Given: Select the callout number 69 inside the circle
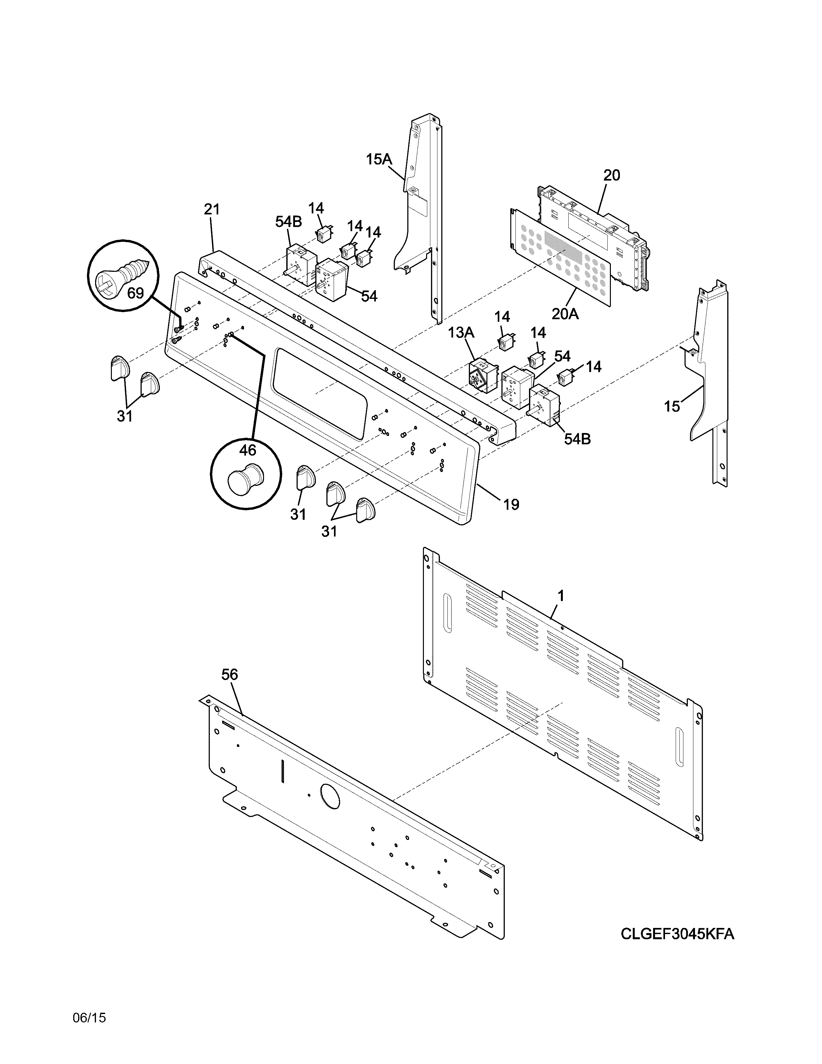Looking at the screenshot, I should click(135, 294).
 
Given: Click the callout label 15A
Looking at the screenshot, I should click(379, 159).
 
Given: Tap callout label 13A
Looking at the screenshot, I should click(461, 333).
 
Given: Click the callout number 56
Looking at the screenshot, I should click(230, 674).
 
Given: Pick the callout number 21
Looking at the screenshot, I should click(211, 210).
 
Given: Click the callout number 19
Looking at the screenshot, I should click(511, 504).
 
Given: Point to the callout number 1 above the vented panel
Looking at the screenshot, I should click(561, 595).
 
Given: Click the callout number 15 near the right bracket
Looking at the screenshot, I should click(671, 406).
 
